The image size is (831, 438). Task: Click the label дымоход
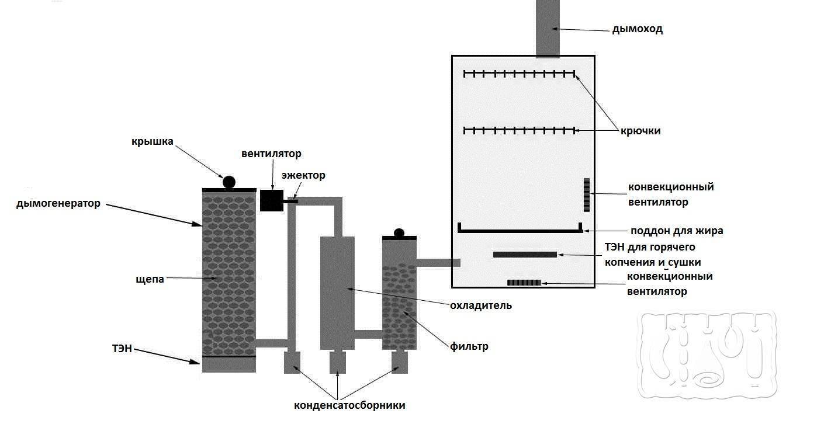(x=637, y=29)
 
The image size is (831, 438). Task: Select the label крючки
(x=641, y=131)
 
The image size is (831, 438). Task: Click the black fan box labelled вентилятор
(x=271, y=200)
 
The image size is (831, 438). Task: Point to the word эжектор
(x=303, y=175)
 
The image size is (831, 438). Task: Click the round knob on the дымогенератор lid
(x=229, y=182)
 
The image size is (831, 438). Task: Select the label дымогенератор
(x=58, y=204)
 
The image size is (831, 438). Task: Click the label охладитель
(x=480, y=305)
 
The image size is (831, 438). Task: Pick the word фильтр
(x=469, y=346)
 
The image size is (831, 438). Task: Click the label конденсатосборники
(x=349, y=405)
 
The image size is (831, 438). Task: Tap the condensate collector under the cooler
(x=338, y=362)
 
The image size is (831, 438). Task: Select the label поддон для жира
(x=677, y=231)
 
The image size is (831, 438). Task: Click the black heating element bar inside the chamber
(x=525, y=255)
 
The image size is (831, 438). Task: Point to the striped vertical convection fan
(x=586, y=195)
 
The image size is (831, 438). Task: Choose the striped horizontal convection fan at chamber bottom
(x=524, y=283)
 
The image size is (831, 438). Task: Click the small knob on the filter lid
(x=399, y=232)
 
